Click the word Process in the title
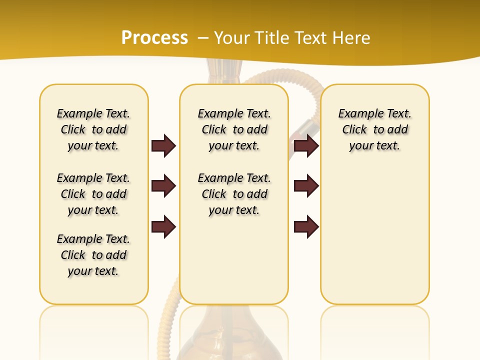tap(154, 37)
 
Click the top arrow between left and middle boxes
tap(163, 145)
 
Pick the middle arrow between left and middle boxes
tap(163, 186)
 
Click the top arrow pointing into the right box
tap(306, 145)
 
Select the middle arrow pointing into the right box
tap(306, 186)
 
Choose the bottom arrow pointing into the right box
tap(306, 226)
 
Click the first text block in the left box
tap(93, 129)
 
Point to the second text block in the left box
tap(93, 194)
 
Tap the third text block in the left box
tap(93, 255)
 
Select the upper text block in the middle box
tap(234, 129)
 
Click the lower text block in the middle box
tap(234, 194)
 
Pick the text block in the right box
tap(374, 129)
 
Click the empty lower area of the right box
tap(374, 235)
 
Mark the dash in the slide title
tap(203, 37)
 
